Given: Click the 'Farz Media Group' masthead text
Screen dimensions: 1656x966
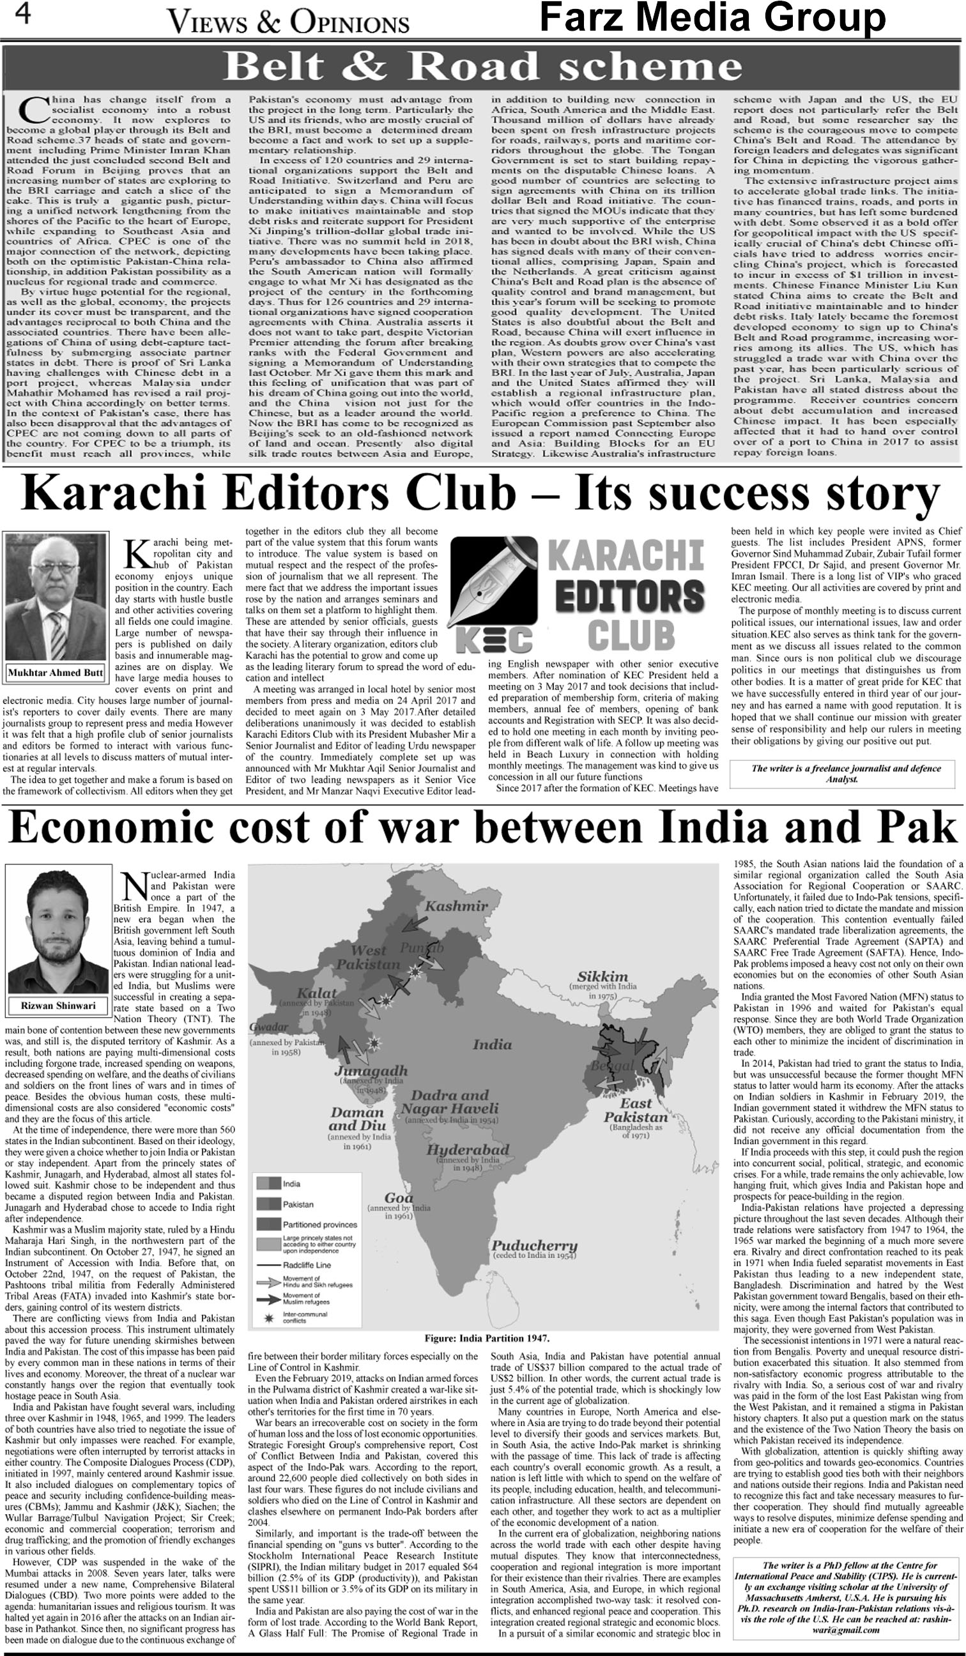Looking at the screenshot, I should (712, 18).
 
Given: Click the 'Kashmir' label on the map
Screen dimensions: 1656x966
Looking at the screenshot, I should (456, 906).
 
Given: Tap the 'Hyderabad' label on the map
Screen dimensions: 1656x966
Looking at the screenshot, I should (467, 1149).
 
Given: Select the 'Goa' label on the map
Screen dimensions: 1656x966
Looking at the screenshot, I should (399, 1195).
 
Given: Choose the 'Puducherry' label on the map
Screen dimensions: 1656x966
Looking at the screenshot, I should (534, 1245).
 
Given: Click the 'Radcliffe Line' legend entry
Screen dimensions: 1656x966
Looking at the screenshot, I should (306, 1265).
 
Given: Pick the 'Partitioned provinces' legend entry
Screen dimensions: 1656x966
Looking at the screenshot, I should (319, 1225).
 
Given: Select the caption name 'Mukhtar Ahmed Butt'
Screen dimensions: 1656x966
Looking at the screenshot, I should (55, 673).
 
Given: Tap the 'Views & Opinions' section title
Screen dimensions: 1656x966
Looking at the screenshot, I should (289, 24).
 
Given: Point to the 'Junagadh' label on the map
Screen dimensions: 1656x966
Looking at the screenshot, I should (371, 1071).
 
